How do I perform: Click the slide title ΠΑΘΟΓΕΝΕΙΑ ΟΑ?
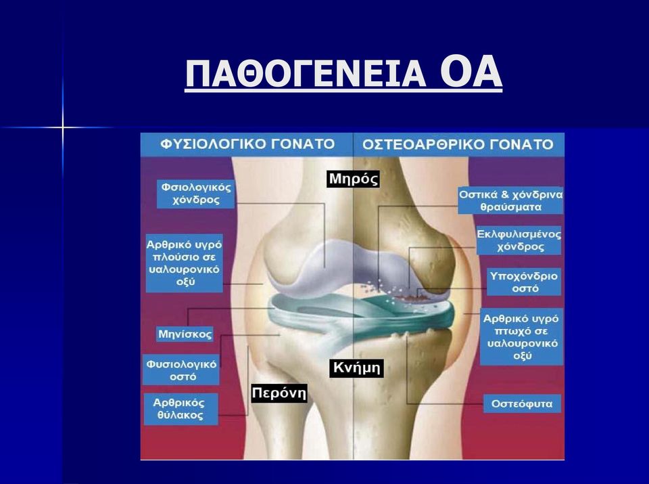point(343,73)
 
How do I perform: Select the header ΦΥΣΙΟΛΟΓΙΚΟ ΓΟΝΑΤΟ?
point(247,144)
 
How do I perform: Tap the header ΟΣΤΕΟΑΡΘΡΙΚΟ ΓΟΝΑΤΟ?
point(458,145)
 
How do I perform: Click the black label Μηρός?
point(353,179)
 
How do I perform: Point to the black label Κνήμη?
point(356,368)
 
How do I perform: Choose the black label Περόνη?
point(279,393)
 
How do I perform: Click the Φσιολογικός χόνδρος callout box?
point(196,194)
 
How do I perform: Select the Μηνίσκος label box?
point(185,334)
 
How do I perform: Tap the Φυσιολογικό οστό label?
point(181,370)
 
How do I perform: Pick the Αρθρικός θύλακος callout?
point(181,409)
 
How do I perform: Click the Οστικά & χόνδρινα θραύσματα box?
point(510,200)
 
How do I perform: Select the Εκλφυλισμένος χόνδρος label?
point(519,240)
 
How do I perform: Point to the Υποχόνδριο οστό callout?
point(524,282)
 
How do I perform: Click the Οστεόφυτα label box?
point(522,403)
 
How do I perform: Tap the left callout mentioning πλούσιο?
point(184,263)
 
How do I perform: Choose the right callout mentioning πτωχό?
point(521,337)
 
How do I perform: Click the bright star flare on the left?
point(62,127)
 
